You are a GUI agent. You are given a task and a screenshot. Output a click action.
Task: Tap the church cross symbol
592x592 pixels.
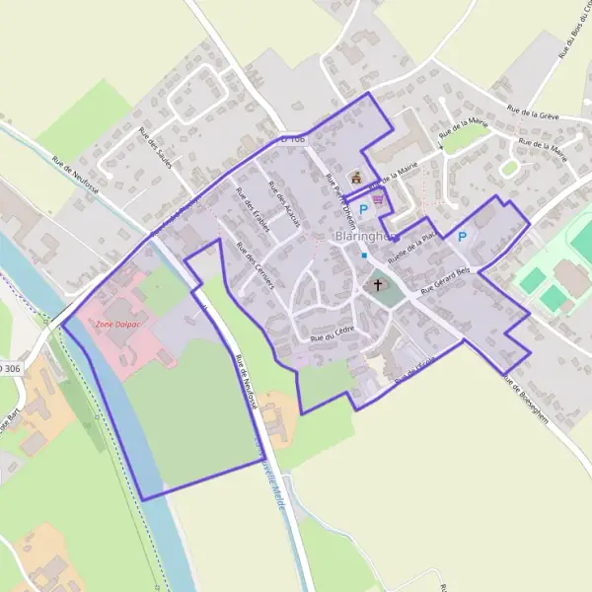(x=377, y=285)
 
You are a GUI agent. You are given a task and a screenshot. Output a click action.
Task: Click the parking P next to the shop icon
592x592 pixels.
(x=363, y=209)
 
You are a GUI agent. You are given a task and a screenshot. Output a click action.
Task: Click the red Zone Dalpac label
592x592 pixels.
(x=115, y=323)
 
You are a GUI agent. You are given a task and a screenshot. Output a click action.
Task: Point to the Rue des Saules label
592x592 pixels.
(x=155, y=148)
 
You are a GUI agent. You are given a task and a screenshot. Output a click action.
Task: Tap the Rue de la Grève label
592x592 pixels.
(x=533, y=115)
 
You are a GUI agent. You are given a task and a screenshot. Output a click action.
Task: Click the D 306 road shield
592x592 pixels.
(x=9, y=368)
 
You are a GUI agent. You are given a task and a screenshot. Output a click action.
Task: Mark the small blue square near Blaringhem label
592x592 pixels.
(x=364, y=256)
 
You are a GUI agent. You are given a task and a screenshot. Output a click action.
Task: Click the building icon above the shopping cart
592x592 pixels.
(x=356, y=178)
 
